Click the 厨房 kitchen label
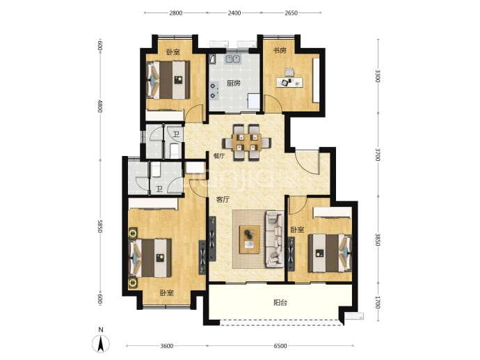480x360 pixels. tap(233, 83)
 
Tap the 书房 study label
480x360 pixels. tap(280, 51)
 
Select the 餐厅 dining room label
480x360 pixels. tap(219, 156)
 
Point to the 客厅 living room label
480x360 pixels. tap(223, 200)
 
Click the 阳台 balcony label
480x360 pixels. tap(280, 303)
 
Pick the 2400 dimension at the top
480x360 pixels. tap(234, 13)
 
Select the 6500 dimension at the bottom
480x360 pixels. tap(280, 346)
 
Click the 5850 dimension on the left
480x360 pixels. tap(99, 226)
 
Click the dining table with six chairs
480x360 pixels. tap(246, 142)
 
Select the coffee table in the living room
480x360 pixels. tap(250, 240)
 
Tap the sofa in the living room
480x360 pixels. tap(275, 238)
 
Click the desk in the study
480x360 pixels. tap(289, 82)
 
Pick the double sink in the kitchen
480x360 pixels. tap(232, 58)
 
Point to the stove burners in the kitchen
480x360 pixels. tap(213, 90)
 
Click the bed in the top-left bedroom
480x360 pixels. tap(168, 80)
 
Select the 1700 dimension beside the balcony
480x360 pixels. tap(378, 302)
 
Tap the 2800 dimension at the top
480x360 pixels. tap(176, 13)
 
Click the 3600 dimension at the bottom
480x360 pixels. tap(167, 346)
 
